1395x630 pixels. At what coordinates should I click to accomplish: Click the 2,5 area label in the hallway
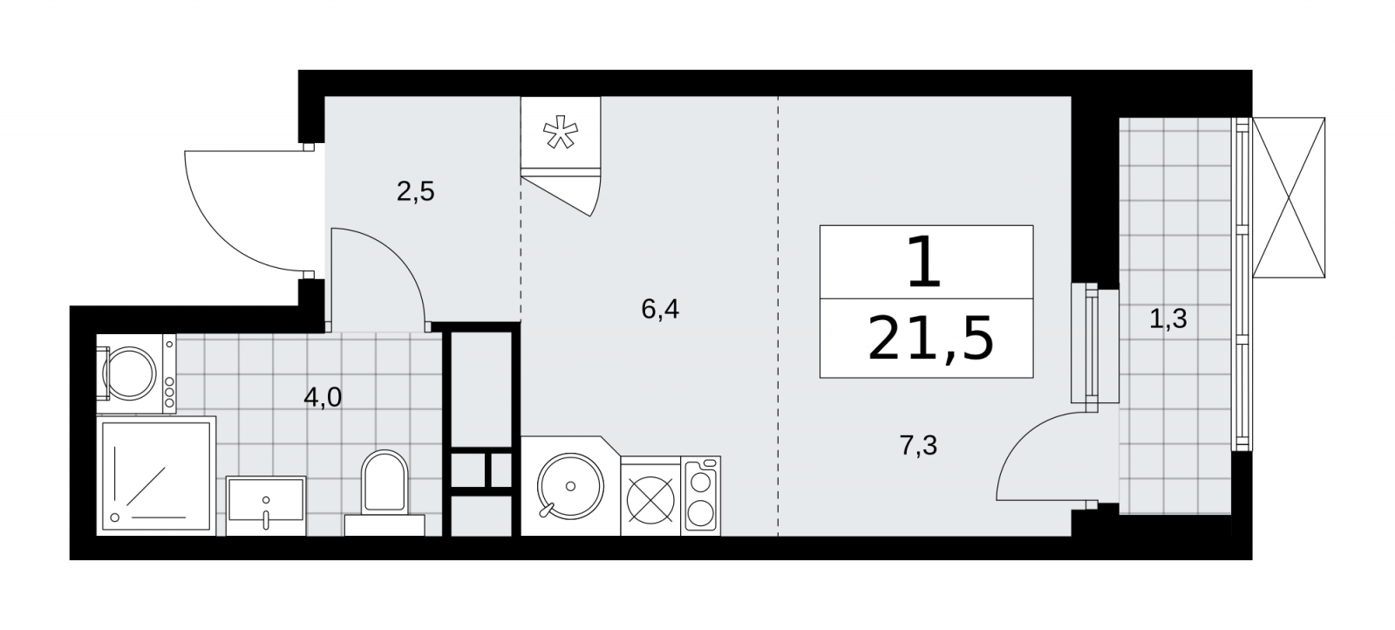(x=415, y=191)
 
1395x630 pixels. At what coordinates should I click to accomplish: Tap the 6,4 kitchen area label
(x=660, y=309)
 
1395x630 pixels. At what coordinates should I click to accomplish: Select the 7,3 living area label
(x=919, y=446)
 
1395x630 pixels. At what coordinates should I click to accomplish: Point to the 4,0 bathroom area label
(x=323, y=397)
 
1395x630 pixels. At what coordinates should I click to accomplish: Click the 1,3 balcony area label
(x=1167, y=319)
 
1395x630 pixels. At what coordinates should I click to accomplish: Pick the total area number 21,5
(x=929, y=339)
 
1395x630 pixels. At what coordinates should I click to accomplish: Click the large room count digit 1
(x=925, y=262)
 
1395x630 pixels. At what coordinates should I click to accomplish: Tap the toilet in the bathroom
(x=384, y=492)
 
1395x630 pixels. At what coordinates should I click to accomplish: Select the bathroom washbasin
(x=266, y=505)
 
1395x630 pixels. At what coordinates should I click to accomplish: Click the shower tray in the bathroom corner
(x=156, y=476)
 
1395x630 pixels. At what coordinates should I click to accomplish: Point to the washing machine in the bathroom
(x=136, y=373)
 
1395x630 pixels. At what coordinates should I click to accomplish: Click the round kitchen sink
(x=570, y=486)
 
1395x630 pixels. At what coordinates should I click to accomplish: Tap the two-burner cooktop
(x=701, y=496)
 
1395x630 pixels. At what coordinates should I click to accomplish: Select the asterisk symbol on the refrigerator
(x=561, y=132)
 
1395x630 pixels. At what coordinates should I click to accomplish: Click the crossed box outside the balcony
(x=1289, y=197)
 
